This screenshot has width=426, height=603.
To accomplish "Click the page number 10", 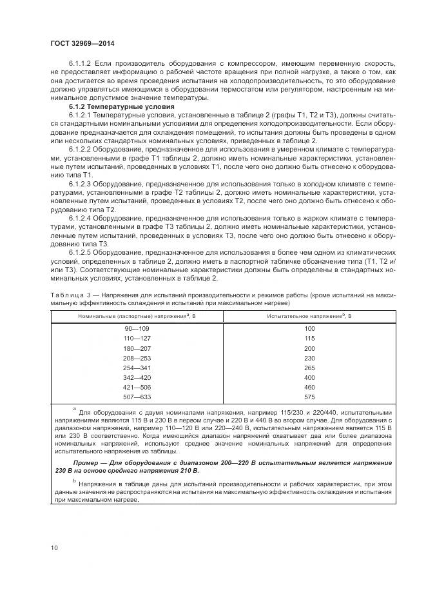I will (x=55, y=548).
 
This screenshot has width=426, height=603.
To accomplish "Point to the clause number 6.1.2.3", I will (x=81, y=182).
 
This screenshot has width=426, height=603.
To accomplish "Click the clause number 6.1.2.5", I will (x=81, y=252).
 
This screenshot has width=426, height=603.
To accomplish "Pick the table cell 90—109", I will (x=137, y=328).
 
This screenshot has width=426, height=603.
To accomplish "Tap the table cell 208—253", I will (x=137, y=358).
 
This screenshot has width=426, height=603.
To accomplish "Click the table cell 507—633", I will (x=137, y=397).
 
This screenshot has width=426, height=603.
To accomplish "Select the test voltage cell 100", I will (x=309, y=328).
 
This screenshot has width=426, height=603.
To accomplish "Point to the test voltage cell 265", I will (x=309, y=368).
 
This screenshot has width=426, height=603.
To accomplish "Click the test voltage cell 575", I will (x=309, y=397).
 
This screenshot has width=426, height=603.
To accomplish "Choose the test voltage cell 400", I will (x=309, y=377).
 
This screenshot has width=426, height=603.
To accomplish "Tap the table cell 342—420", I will (x=137, y=377).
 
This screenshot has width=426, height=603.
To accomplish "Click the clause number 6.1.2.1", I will (x=81, y=113).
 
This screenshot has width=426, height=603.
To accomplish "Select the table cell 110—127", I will (x=137, y=338).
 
